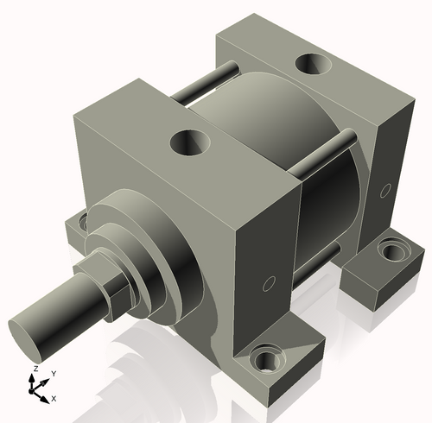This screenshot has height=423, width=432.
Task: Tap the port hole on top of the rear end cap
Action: point(311,65)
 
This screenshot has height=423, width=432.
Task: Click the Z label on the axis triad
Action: point(34,368)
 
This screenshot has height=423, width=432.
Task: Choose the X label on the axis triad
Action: point(54,398)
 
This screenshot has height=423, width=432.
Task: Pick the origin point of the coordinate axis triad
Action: point(35,387)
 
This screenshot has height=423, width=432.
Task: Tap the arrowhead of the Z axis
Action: point(34,376)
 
